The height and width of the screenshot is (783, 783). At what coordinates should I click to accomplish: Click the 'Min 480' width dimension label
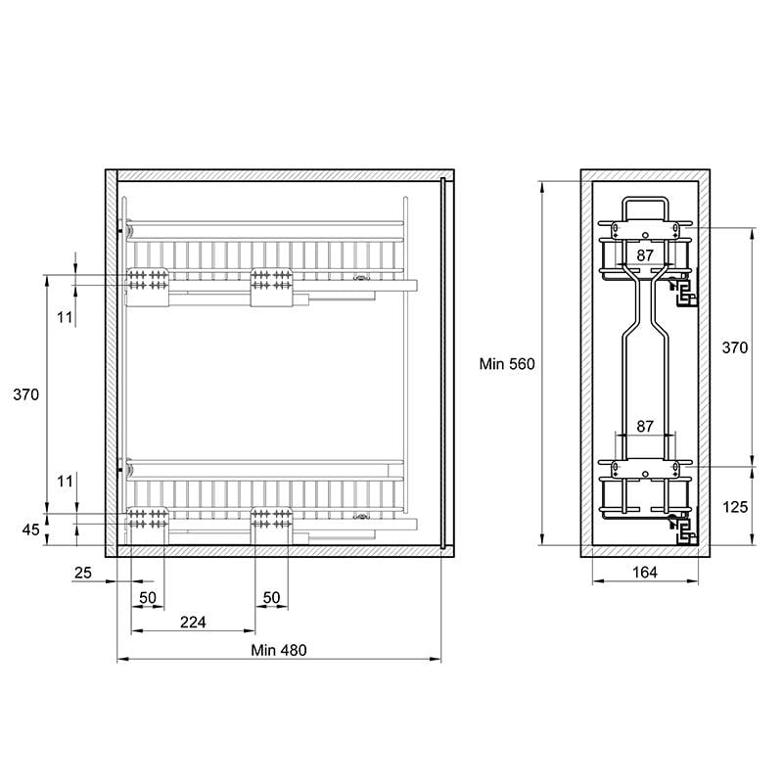click(279, 650)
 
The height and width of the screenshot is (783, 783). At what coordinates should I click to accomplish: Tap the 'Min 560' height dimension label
click(507, 364)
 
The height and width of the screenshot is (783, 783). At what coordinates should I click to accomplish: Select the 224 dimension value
click(193, 622)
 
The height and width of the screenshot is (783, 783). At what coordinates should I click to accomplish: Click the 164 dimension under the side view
click(645, 573)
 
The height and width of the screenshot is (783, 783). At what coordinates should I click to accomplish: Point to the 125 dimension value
click(735, 507)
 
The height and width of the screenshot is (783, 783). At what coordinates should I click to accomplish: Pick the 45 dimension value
click(30, 530)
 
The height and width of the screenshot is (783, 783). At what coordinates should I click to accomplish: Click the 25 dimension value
click(83, 573)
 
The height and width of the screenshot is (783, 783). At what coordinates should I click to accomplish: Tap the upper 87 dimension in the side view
click(645, 255)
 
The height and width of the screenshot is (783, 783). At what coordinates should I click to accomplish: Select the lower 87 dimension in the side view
click(645, 426)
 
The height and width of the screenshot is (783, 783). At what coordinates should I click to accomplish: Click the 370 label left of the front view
click(26, 394)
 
